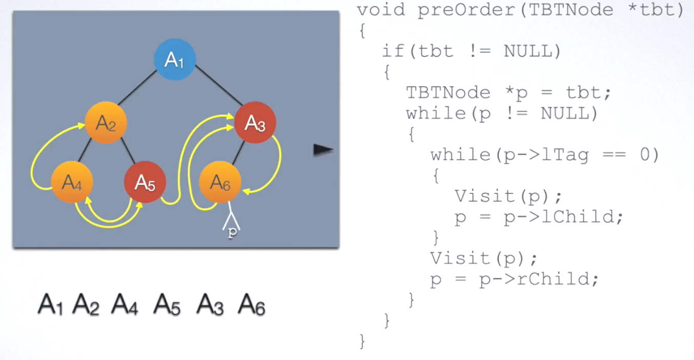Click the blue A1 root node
[174, 61]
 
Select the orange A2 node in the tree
[106, 123]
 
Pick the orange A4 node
[72, 183]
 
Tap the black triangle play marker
[323, 150]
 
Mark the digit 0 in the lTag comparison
[645, 155]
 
